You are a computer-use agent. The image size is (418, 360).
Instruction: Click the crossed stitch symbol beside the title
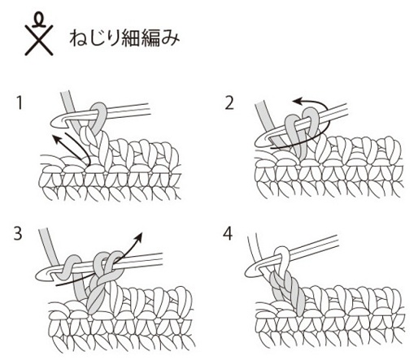pos(39,34)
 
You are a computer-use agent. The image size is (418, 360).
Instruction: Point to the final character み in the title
pos(170,38)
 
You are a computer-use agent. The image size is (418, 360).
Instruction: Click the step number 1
pos(19,103)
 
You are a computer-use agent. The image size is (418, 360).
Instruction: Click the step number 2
pos(229,103)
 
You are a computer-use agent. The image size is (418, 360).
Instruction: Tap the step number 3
pos(17,233)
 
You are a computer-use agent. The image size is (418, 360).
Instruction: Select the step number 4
pos(228,234)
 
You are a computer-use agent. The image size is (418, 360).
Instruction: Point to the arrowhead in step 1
pos(56,140)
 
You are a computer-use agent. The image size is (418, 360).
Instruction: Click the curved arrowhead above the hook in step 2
pos(298,102)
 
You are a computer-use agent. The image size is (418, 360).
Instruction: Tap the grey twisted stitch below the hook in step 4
pos(287,293)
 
